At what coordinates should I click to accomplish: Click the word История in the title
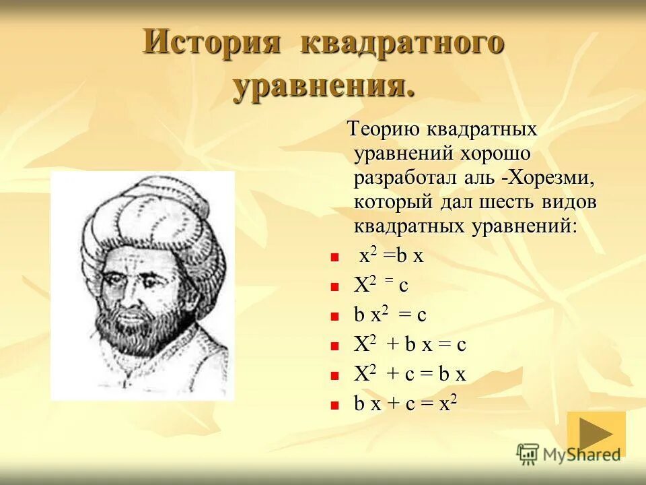point(211,43)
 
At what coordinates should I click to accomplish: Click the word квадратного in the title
point(402,43)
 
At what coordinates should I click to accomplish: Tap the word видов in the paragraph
point(569,201)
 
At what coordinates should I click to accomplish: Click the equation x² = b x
point(390,257)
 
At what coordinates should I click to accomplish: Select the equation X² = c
point(381,286)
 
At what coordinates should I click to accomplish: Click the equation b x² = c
point(390,315)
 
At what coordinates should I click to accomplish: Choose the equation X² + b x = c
point(410,345)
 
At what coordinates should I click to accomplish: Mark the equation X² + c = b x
point(410,375)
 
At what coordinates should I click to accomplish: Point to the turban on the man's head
point(151,216)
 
